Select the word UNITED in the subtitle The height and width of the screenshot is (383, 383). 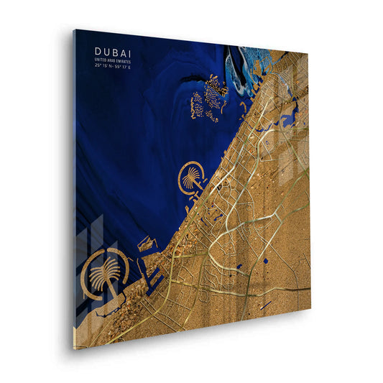coord(101,59)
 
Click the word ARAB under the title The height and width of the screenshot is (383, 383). coord(110,59)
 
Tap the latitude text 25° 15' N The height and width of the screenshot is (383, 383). coord(103,65)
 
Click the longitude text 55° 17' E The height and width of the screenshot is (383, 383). coord(121,65)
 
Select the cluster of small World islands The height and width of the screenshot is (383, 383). coord(208,97)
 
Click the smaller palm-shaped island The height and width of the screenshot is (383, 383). coord(192,177)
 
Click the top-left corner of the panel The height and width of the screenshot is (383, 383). coord(75,29)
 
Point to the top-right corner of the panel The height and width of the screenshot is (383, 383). coord(309,53)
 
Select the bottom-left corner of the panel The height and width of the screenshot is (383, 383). coord(73,349)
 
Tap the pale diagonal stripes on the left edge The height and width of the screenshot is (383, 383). coord(90,237)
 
